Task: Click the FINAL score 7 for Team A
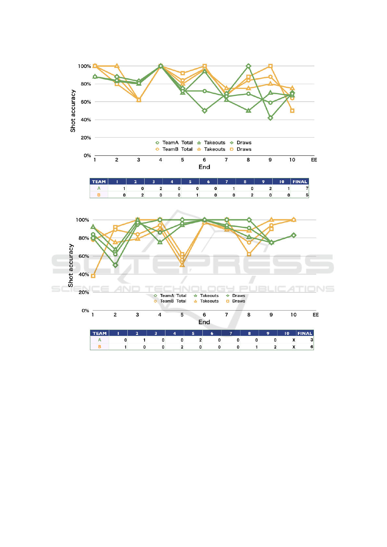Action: pos(307,188)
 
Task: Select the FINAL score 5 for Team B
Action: pos(307,195)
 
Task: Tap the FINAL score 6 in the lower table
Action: pos(312,347)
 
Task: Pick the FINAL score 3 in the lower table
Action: pos(312,340)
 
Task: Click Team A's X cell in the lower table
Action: pos(294,340)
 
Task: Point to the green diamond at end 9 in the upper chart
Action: pos(270,118)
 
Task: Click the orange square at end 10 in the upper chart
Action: pos(292,111)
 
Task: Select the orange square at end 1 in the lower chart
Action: pos(93,276)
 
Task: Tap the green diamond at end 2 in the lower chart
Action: pos(115,265)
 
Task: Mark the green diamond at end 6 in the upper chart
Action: pos(204,111)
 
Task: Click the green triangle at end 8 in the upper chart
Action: pos(249,111)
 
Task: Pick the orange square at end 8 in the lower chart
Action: pos(249,254)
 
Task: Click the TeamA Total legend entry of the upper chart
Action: pos(174,143)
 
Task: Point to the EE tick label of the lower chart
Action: pos(316,315)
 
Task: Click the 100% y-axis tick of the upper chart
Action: pos(84,66)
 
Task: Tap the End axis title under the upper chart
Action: pos(204,167)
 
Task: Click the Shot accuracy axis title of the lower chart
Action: pos(71,265)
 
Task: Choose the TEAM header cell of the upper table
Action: pos(99,182)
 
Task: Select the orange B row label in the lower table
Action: pos(99,347)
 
